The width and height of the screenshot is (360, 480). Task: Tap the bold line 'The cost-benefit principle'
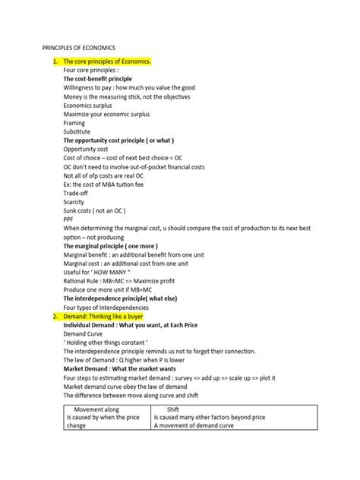coord(97,79)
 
